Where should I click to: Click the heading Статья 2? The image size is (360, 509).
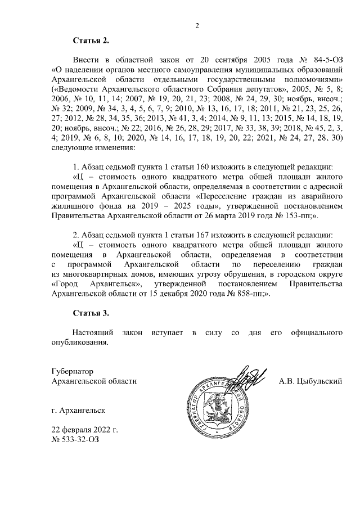90,41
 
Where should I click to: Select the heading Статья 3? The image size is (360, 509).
90,312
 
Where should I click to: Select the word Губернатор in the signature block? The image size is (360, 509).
71,372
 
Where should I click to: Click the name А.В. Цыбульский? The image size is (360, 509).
310,381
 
